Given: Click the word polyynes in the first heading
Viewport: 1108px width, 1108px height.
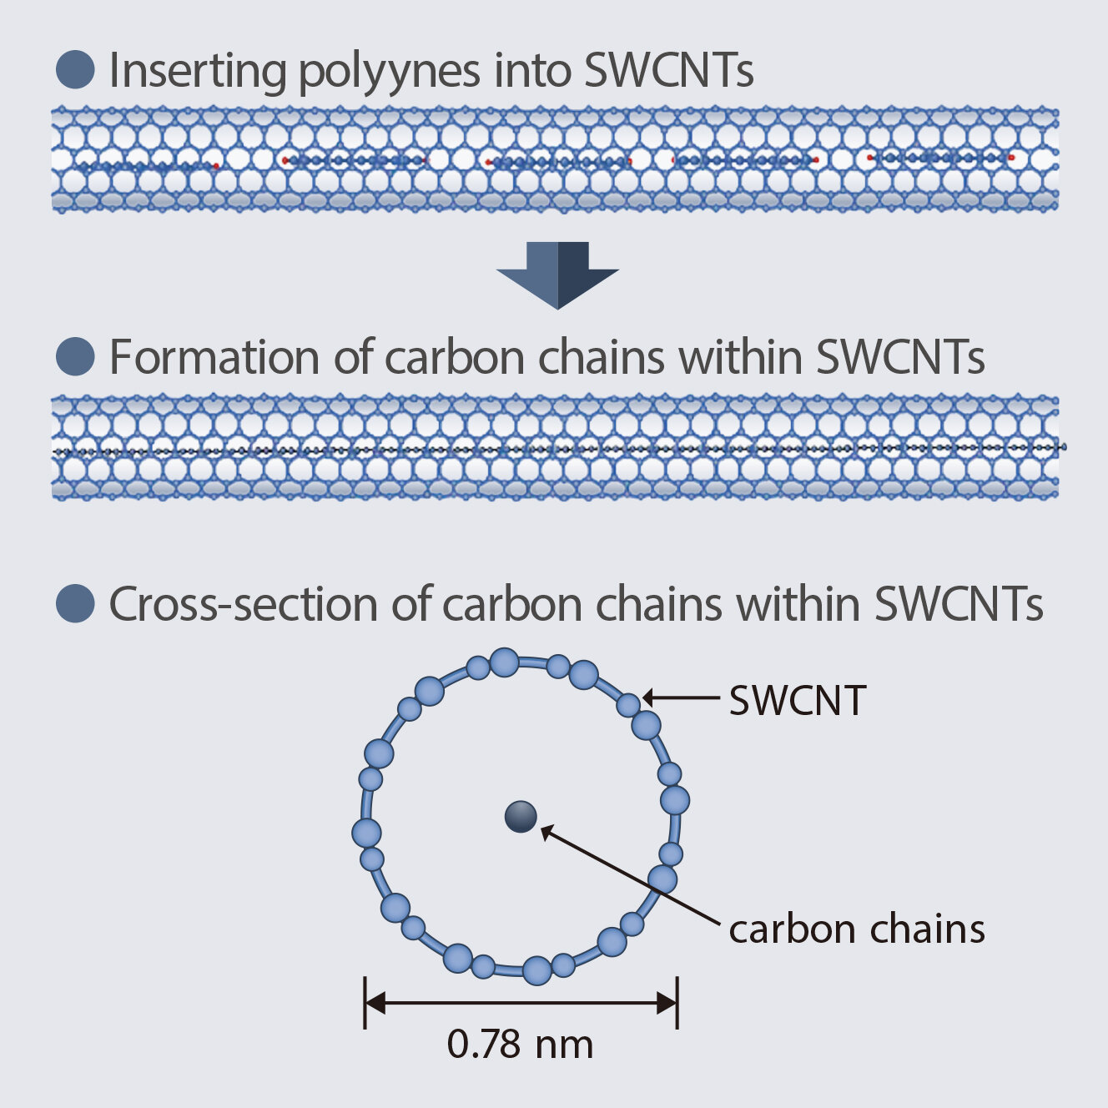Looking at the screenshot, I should [x=388, y=72].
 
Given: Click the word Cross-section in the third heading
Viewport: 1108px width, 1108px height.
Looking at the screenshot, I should [x=243, y=604].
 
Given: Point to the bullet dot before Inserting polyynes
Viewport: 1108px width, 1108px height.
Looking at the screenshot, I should [x=75, y=69].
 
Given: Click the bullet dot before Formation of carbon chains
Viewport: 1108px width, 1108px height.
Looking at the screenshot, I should [x=75, y=356].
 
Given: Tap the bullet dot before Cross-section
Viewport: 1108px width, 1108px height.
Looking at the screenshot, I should [x=75, y=603].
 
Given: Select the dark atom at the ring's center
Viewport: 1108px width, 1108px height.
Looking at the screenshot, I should [x=521, y=817].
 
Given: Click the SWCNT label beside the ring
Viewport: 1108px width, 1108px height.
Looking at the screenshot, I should [x=798, y=701].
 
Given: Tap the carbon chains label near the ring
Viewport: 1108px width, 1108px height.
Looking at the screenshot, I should [x=857, y=929].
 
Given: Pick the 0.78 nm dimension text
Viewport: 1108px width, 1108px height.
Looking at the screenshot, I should [x=520, y=1045].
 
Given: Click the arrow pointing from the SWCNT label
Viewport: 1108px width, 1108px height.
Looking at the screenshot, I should [x=680, y=698].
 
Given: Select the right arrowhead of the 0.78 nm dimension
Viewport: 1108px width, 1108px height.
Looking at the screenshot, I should [x=667, y=1003].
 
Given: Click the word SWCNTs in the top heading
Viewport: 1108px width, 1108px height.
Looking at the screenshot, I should [x=669, y=72].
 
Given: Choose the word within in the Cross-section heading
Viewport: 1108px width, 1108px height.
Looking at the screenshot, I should [x=797, y=604].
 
